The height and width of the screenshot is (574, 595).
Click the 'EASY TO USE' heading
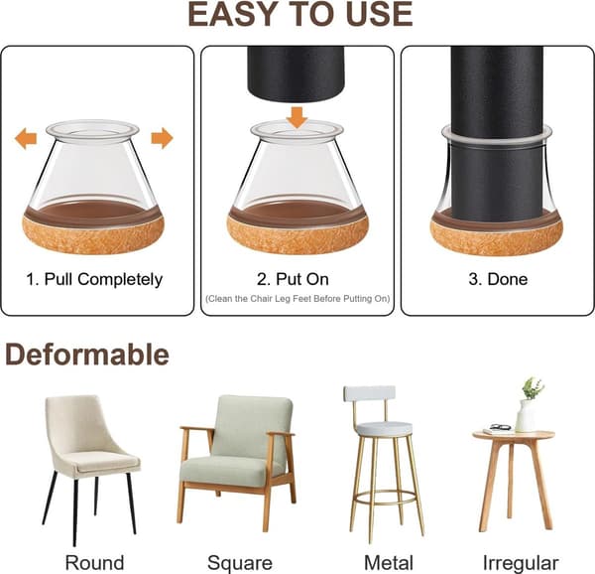[300, 15]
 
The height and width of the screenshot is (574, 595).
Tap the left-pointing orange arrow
[26, 138]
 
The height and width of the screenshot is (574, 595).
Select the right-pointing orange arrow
[162, 138]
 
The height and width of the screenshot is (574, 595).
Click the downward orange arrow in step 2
[297, 117]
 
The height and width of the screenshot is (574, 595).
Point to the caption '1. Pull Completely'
[94, 280]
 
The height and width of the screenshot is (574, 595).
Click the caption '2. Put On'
[293, 279]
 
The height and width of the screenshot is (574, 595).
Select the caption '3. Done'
[498, 279]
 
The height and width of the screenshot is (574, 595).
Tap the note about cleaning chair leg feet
[297, 299]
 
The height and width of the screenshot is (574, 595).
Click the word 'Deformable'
[87, 355]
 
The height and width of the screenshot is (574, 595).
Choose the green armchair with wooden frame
[237, 462]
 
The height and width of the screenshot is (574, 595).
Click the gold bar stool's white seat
[385, 429]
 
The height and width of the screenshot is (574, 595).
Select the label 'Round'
[94, 563]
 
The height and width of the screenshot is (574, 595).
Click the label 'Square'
[240, 563]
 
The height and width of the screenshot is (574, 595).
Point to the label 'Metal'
[388, 563]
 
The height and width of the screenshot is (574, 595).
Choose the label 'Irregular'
[521, 563]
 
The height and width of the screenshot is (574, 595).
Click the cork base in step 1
[93, 234]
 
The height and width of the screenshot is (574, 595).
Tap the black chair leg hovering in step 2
[296, 72]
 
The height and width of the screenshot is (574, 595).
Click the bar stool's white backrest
[370, 394]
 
